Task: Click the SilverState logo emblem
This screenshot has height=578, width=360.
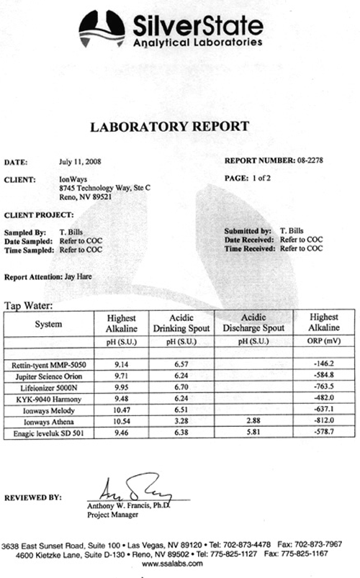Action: click(x=102, y=30)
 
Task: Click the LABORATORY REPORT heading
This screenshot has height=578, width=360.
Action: click(x=169, y=127)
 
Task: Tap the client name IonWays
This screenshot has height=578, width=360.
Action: click(x=71, y=178)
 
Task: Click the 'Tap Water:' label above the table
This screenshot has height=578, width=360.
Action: click(x=29, y=304)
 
